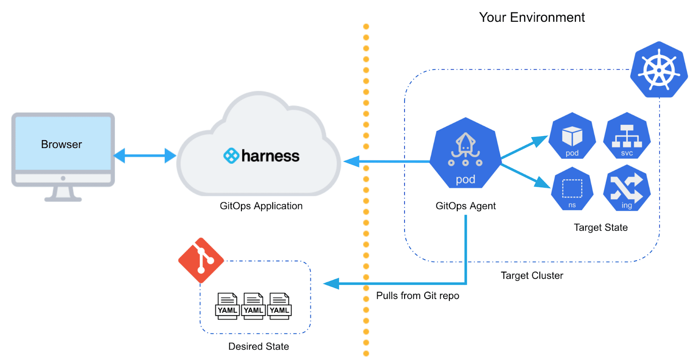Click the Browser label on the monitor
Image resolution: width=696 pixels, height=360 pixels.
[x=61, y=145]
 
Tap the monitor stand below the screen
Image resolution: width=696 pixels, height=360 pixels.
[x=63, y=193]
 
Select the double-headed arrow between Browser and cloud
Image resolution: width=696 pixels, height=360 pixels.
[x=145, y=155]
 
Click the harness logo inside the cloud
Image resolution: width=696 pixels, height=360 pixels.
[x=261, y=155]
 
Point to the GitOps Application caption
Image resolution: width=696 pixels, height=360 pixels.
[x=261, y=206]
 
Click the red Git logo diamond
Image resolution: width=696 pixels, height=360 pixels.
[x=201, y=260]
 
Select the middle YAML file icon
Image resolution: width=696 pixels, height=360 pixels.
[x=253, y=306]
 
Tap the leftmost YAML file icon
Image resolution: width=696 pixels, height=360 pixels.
[x=228, y=306]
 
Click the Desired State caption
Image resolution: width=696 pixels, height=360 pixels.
[x=258, y=347]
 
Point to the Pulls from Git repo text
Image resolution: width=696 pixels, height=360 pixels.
[x=418, y=296]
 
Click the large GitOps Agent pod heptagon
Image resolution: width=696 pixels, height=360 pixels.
[x=465, y=155]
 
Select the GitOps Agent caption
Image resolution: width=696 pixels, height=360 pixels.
[x=465, y=206]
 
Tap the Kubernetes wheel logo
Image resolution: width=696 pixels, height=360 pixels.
[x=659, y=70]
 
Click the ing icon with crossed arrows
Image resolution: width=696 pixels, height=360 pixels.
[x=627, y=190]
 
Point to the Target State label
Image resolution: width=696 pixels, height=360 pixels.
[x=601, y=228]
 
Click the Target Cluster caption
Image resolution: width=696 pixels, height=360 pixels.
[x=532, y=276]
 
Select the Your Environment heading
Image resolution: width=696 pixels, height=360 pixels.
[x=532, y=17]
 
